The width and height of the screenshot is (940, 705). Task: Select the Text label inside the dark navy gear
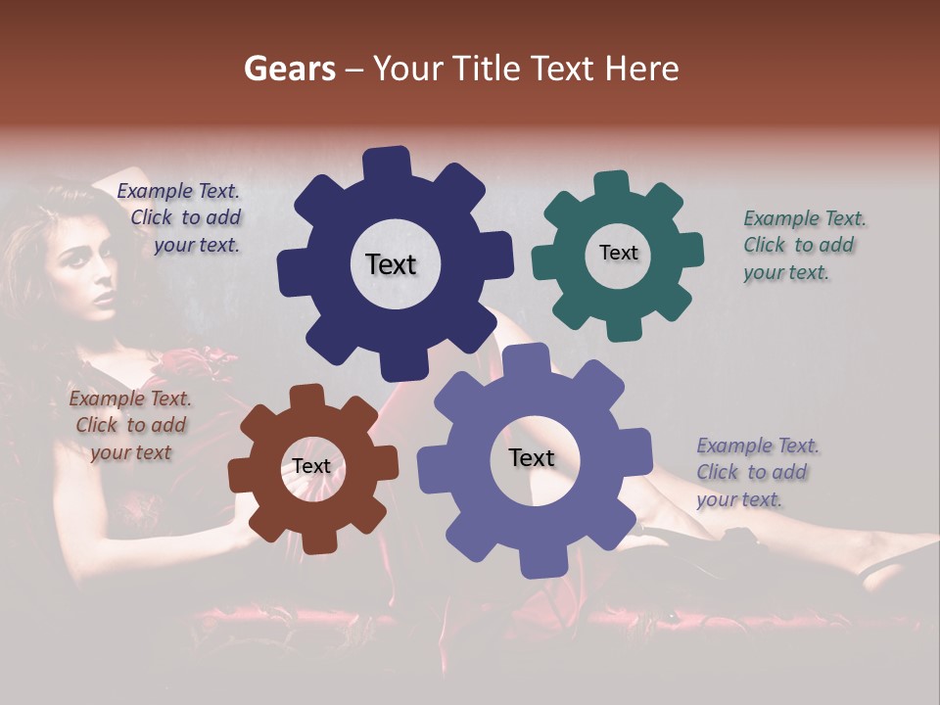tap(391, 264)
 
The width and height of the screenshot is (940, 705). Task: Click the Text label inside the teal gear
tap(618, 253)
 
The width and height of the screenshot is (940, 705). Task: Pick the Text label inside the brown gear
tap(311, 466)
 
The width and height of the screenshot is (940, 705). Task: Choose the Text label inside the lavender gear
tap(532, 457)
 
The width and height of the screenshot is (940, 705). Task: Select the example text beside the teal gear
tap(804, 245)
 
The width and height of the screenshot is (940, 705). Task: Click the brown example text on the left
tap(130, 425)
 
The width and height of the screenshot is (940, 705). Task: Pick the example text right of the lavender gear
tap(758, 472)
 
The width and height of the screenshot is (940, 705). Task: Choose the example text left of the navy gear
tap(182, 217)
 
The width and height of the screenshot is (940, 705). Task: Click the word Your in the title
tap(404, 69)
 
